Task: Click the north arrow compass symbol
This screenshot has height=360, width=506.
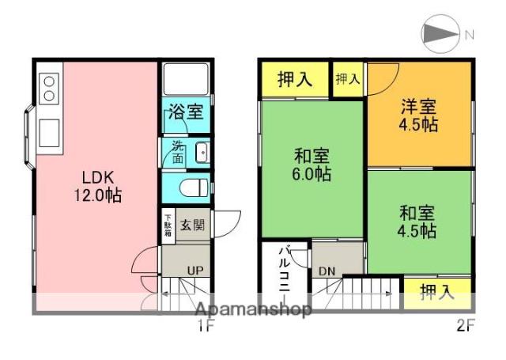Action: coord(441,34)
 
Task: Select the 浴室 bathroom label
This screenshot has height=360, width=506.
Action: coord(186,113)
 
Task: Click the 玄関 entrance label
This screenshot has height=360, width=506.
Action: coord(192,225)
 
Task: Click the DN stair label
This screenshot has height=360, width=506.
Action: coord(327,271)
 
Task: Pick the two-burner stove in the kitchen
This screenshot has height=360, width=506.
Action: coord(49,88)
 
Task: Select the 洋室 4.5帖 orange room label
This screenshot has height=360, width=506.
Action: coord(419,116)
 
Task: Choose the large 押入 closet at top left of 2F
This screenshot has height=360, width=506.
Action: coord(294,79)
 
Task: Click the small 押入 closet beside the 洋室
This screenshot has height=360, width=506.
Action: coord(348,78)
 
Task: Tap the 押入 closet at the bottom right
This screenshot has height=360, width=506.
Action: coord(437,291)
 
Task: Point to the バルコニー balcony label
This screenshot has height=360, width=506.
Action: coord(282,270)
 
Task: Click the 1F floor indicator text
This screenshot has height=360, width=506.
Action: coord(205,325)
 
